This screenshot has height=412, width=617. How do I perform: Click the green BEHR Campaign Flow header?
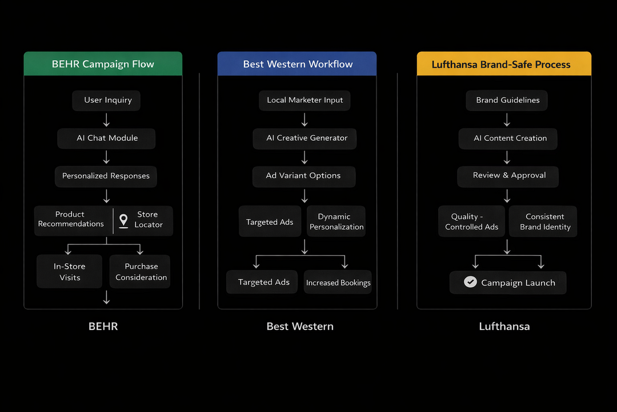coord(103,64)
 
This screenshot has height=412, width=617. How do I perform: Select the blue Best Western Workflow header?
coord(297,64)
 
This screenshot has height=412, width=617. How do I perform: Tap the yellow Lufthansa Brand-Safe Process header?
coord(504,64)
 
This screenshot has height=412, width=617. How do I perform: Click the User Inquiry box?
coord(107,100)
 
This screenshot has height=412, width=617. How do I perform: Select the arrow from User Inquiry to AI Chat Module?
coord(107,120)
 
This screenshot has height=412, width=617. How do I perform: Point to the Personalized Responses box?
coord(106,176)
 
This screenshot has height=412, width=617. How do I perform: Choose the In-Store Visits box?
coord(70,272)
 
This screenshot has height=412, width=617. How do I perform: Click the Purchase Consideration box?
coord(141,272)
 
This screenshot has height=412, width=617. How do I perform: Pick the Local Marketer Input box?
coord(305,100)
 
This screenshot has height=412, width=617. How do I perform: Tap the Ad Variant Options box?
coord(303,176)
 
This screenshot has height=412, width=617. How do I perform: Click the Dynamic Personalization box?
coord(336,221)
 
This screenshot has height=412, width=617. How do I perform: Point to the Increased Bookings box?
coord(338,283)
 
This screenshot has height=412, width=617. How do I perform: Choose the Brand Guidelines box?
coord(507,100)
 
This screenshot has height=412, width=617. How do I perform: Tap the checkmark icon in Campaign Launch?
coord(470,282)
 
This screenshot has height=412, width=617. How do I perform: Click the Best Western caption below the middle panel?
coord(300,327)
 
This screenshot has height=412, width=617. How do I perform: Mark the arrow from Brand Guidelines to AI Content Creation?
coord(507,120)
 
